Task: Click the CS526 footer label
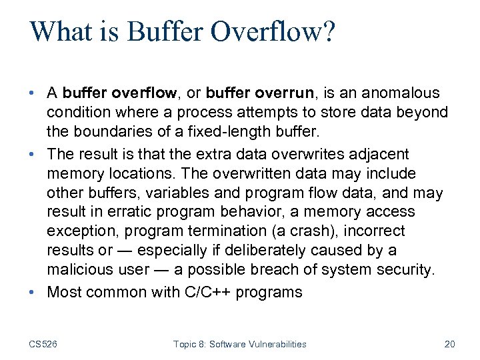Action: point(43,344)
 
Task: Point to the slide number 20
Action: point(449,344)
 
